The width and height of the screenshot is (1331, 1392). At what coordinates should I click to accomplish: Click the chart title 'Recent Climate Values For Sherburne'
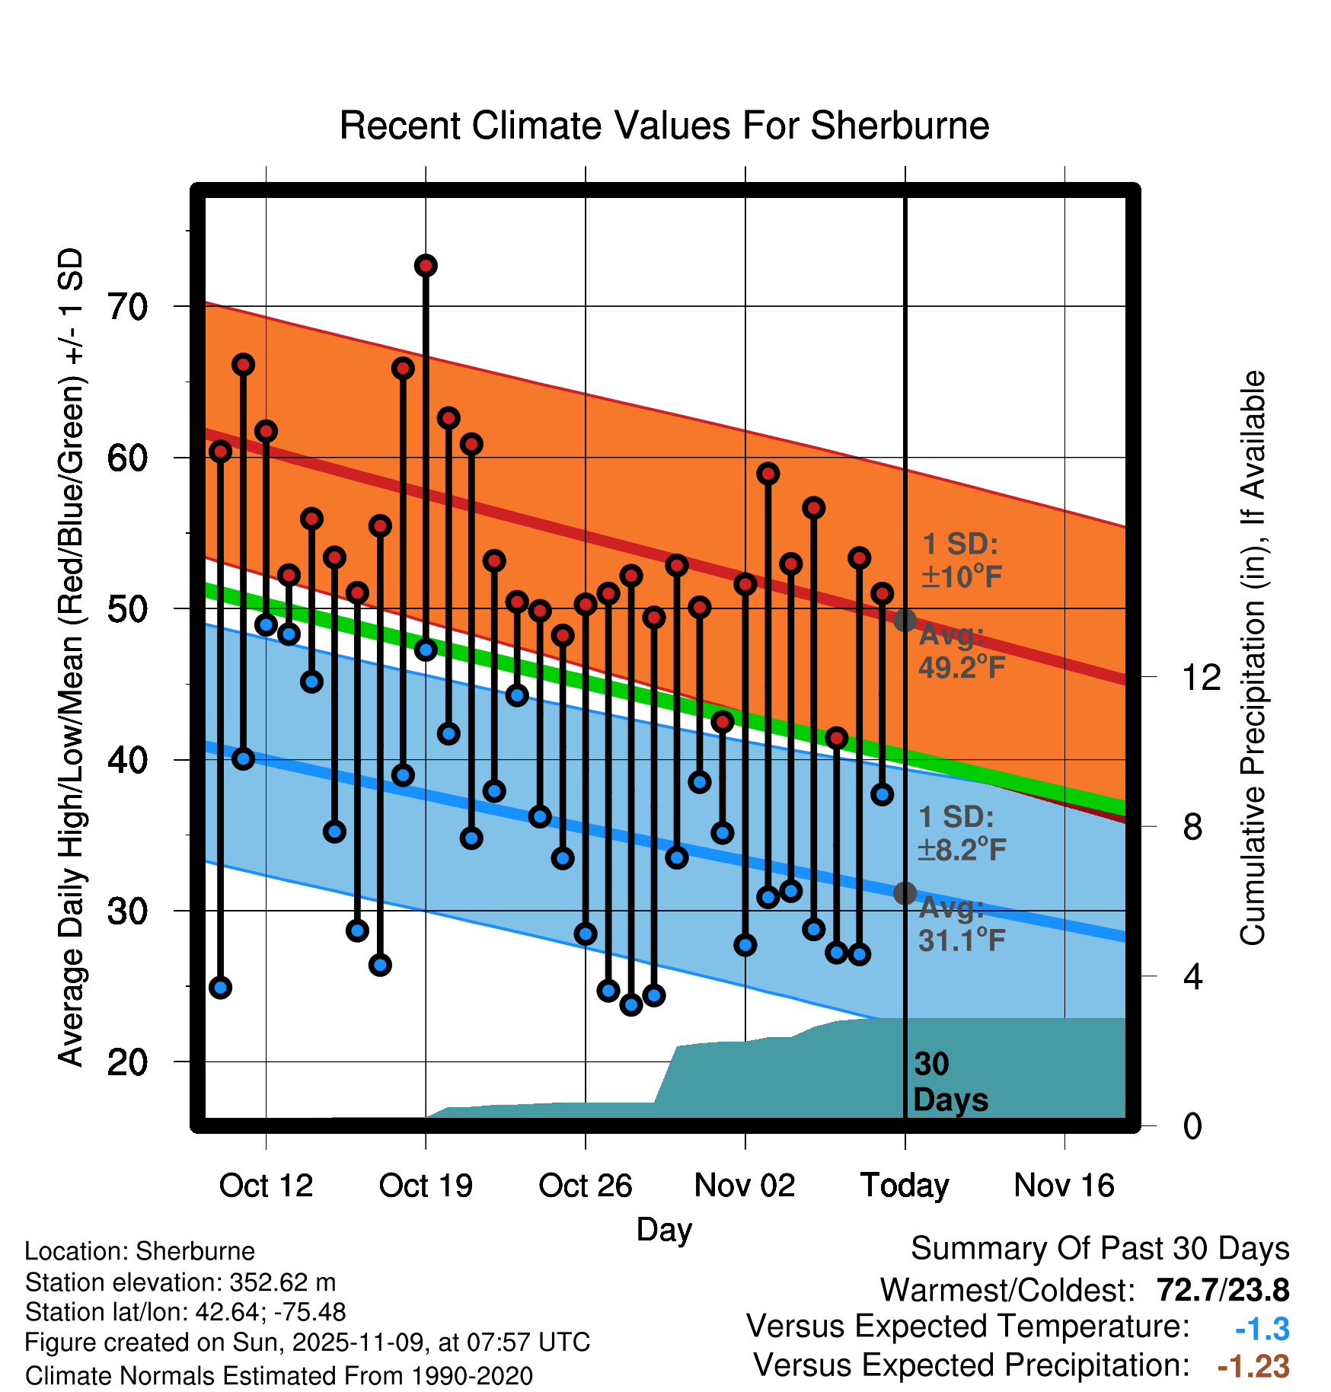pos(664,126)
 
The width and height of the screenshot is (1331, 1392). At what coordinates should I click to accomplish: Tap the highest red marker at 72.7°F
pos(426,266)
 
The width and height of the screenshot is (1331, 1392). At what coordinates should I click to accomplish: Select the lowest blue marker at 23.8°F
pos(631,1005)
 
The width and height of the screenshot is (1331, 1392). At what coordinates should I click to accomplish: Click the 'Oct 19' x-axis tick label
pos(426,1186)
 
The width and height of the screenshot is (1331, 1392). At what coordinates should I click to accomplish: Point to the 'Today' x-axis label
pos(905,1186)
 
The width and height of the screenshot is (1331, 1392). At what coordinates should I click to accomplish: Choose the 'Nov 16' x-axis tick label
pos(1064,1186)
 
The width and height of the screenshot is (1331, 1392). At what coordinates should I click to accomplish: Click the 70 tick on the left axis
pos(127,307)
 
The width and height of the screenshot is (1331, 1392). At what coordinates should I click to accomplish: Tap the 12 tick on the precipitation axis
pos(1201,677)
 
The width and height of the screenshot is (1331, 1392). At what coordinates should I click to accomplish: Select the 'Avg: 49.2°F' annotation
pos(961,651)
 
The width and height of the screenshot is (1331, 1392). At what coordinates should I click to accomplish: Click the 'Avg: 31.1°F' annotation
pos(961,924)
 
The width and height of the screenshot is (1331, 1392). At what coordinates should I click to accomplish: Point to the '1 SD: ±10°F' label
pos(961,560)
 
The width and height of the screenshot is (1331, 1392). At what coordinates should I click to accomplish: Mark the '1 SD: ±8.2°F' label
pos(961,833)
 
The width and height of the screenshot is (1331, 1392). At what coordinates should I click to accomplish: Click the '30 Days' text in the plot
pos(950,1082)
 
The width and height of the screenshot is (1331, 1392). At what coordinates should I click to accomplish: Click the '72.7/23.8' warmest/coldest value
pos(1222,1291)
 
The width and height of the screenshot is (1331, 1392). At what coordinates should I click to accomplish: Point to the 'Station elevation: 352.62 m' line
pos(180,1282)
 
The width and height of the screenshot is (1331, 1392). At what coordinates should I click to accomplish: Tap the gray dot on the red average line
pos(905,621)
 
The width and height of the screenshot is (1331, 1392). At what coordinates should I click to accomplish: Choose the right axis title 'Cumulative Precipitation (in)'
pos(1253,659)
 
